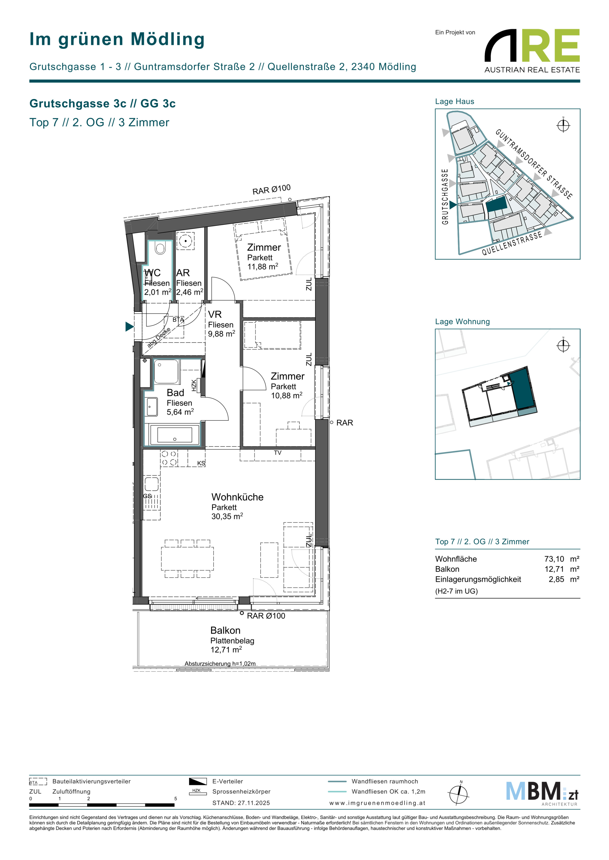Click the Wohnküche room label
point(237,497)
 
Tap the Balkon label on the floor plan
point(225,631)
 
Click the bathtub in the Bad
point(175,435)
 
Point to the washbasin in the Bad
point(152,407)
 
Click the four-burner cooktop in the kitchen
point(169,458)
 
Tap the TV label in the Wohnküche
point(278,453)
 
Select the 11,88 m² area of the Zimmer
point(263,266)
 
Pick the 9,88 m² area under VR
point(222,333)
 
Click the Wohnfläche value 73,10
point(554,559)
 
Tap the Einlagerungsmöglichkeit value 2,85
point(557,579)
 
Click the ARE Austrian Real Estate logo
point(532,51)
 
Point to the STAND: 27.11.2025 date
point(241,803)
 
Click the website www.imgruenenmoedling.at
point(377,803)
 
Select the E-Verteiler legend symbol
point(198,781)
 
